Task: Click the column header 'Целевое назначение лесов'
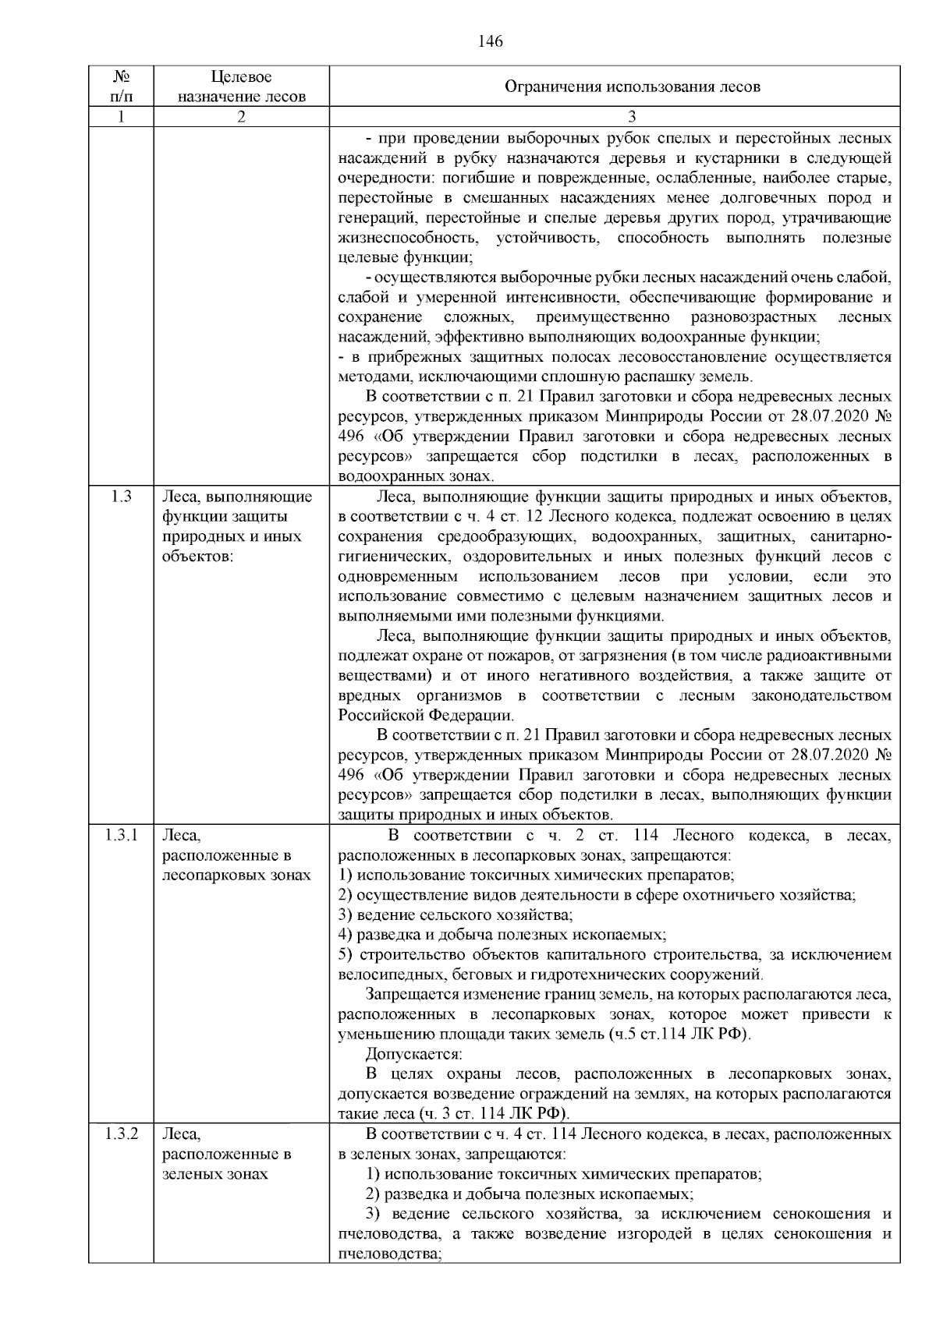[x=241, y=87]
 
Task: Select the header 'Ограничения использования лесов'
[x=632, y=87]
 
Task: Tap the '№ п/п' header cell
[x=121, y=87]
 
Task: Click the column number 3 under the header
[x=632, y=117]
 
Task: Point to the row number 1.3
[x=121, y=497]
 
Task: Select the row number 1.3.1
[x=121, y=836]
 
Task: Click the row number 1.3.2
[x=121, y=1134]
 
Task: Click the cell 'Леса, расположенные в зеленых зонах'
[x=226, y=1154]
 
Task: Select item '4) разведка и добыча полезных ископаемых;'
[x=502, y=934]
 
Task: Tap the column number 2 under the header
[x=241, y=117]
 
